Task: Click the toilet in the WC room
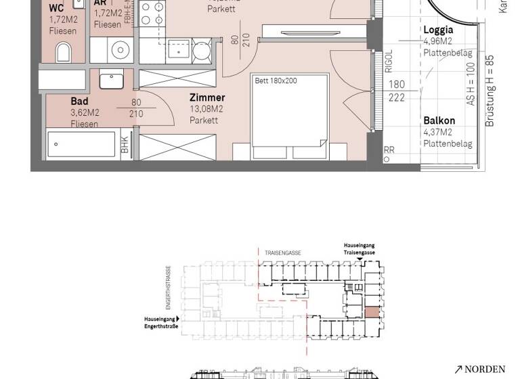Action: [64, 51]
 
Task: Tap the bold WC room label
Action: [57, 8]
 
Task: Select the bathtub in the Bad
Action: [81, 145]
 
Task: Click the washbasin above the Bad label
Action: [111, 80]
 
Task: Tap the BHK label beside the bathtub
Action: [125, 146]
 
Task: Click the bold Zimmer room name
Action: [207, 98]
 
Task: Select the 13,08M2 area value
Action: [207, 109]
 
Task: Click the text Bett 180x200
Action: [276, 81]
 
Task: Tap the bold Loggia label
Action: [438, 30]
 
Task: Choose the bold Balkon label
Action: [439, 120]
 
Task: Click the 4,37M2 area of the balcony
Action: [437, 132]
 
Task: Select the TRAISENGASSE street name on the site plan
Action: [283, 252]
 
